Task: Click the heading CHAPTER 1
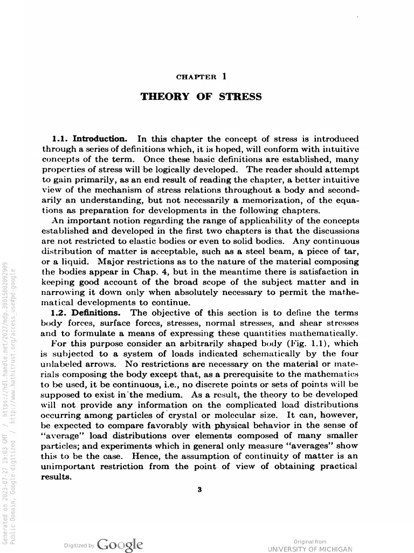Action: pyautogui.click(x=201, y=77)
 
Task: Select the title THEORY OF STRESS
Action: pyautogui.click(x=201, y=97)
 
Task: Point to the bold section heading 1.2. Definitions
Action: pyautogui.click(x=86, y=313)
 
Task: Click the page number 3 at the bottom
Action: pyautogui.click(x=200, y=490)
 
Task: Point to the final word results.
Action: pyautogui.click(x=57, y=477)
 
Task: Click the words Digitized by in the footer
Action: pyautogui.click(x=79, y=546)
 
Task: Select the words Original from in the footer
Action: pyautogui.click(x=309, y=541)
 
